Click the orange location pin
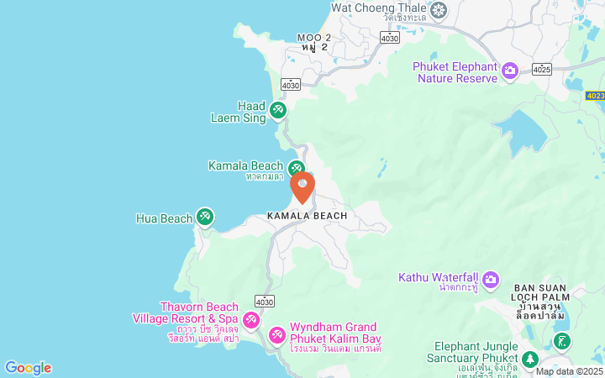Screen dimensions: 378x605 click(302, 185)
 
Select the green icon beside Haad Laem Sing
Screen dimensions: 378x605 click(278, 109)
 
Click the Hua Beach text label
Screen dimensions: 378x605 click(164, 218)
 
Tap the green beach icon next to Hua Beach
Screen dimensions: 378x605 click(204, 218)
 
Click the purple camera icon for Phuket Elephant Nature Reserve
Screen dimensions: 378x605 click(509, 71)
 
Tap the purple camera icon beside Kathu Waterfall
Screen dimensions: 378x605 click(491, 278)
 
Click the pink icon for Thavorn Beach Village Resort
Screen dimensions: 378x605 click(250, 321)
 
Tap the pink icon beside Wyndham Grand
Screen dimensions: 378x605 click(276, 336)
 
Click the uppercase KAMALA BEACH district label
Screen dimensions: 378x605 click(307, 216)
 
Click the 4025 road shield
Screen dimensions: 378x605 click(542, 69)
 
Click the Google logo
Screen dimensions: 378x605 click(28, 368)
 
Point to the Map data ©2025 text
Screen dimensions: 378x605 click(569, 371)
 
